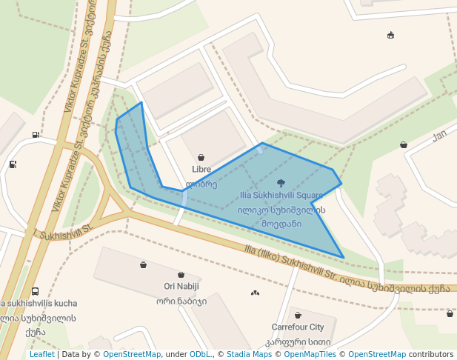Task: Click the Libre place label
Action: (x=201, y=170)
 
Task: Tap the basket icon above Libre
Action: (x=201, y=158)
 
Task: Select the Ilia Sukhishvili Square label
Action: (x=281, y=196)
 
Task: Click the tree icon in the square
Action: (x=281, y=182)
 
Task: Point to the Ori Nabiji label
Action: (x=181, y=287)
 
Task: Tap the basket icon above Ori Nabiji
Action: (x=181, y=275)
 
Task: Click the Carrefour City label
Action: (x=298, y=327)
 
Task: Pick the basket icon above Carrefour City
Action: (x=298, y=316)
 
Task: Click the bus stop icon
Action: (x=35, y=292)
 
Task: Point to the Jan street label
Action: (x=440, y=136)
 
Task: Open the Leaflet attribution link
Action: (x=41, y=354)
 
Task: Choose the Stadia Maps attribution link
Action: (x=249, y=354)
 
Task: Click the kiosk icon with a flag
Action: (x=390, y=35)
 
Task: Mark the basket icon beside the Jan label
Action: (x=404, y=145)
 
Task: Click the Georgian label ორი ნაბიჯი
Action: (x=181, y=301)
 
